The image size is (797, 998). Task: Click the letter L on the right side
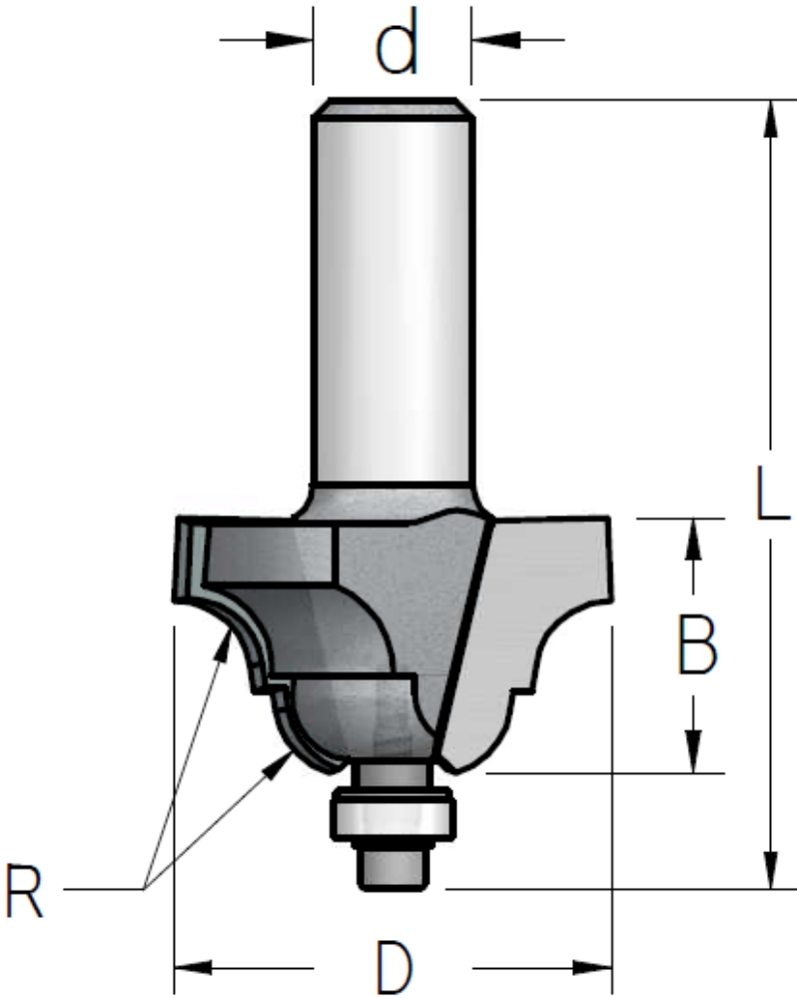click(772, 494)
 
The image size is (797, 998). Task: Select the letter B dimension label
click(697, 644)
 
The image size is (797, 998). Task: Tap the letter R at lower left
click(24, 890)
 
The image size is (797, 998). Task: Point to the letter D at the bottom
click(395, 967)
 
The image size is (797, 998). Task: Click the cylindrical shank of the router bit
click(393, 299)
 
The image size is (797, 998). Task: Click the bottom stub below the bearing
click(393, 866)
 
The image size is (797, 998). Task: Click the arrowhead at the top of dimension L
click(770, 118)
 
